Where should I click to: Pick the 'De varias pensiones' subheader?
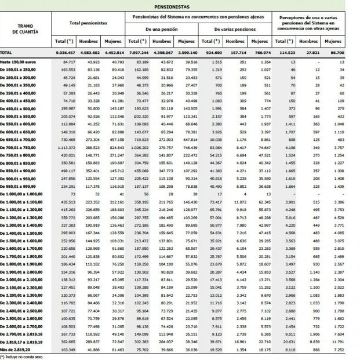click(234, 28)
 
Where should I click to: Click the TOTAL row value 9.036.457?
click(64, 52)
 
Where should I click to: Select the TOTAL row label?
click(7, 52)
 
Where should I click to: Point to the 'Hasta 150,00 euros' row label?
click(17, 61)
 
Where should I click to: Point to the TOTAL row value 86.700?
click(332, 52)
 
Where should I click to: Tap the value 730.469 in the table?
click(66, 141)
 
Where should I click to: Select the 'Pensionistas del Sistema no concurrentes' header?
click(197, 19)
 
